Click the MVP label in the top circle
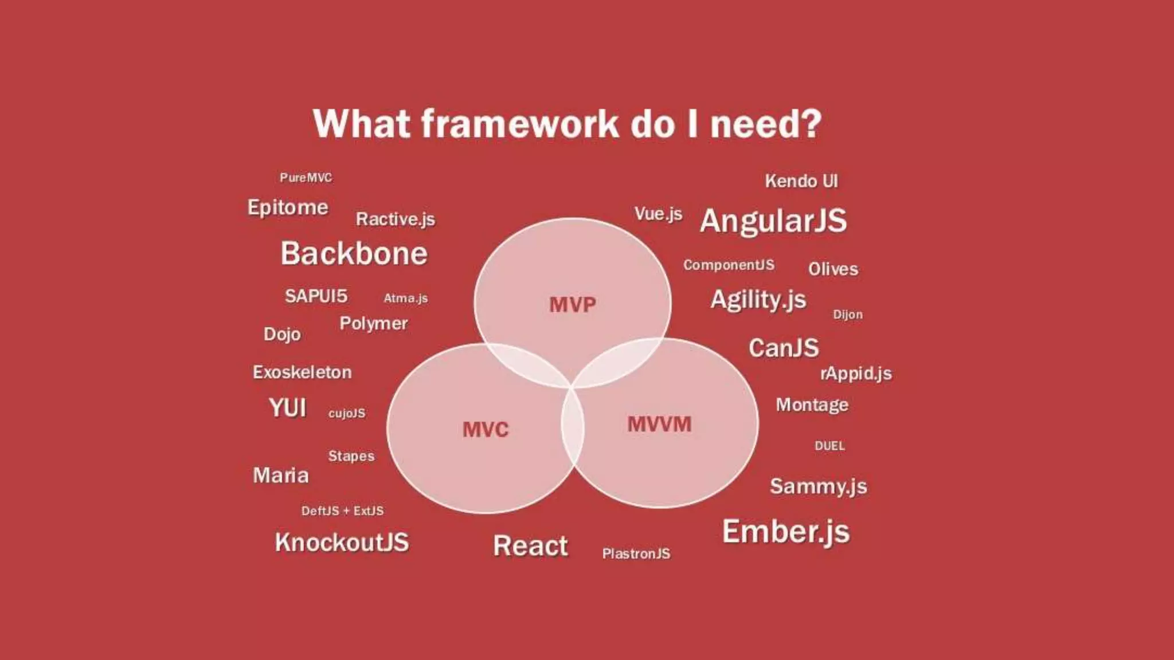573,305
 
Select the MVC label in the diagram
486,430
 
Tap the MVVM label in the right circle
659,425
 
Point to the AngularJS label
773,221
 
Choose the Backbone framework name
354,254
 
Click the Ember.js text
786,532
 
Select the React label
530,545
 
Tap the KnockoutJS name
342,543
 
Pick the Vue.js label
658,214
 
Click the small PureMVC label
306,178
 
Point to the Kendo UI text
801,182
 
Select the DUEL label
829,446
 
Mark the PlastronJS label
636,553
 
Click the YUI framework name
288,408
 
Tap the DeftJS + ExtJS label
342,511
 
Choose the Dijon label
847,315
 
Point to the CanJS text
784,348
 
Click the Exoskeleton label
302,372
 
